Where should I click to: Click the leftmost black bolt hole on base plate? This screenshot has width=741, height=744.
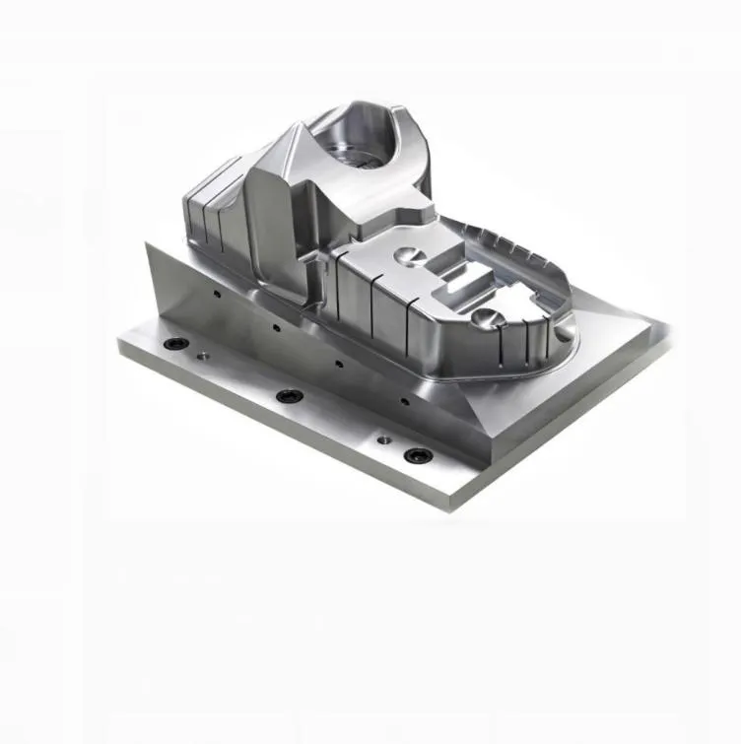pos(177,344)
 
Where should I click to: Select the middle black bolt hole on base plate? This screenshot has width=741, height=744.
pos(287,396)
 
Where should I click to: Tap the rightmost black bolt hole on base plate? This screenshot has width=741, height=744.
pos(418,455)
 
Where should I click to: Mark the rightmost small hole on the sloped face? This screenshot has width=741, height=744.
pos(401,401)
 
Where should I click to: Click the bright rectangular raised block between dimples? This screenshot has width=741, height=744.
pos(460,287)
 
